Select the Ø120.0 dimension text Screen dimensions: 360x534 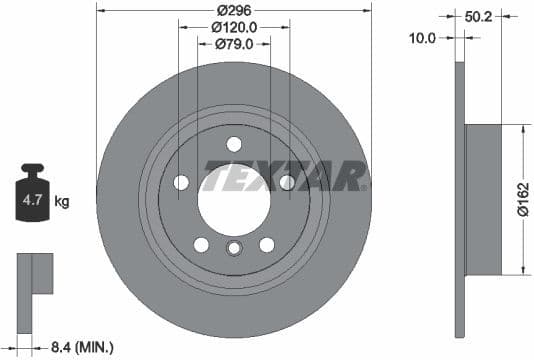click(235, 28)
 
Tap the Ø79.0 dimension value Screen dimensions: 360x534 click(235, 44)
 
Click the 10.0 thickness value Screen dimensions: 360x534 click(424, 38)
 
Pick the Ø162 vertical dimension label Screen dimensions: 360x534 click(521, 200)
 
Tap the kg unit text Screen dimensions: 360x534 click(62, 202)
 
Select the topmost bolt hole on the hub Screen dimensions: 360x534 click(234, 143)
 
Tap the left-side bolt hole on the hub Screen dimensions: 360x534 click(181, 182)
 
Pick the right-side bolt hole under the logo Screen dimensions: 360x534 click(287, 182)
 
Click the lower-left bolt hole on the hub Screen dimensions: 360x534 click(201, 245)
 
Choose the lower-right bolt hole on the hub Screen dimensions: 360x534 click(267, 245)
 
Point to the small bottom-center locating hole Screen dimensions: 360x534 click(234, 249)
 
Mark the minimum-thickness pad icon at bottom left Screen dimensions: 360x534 click(35, 273)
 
